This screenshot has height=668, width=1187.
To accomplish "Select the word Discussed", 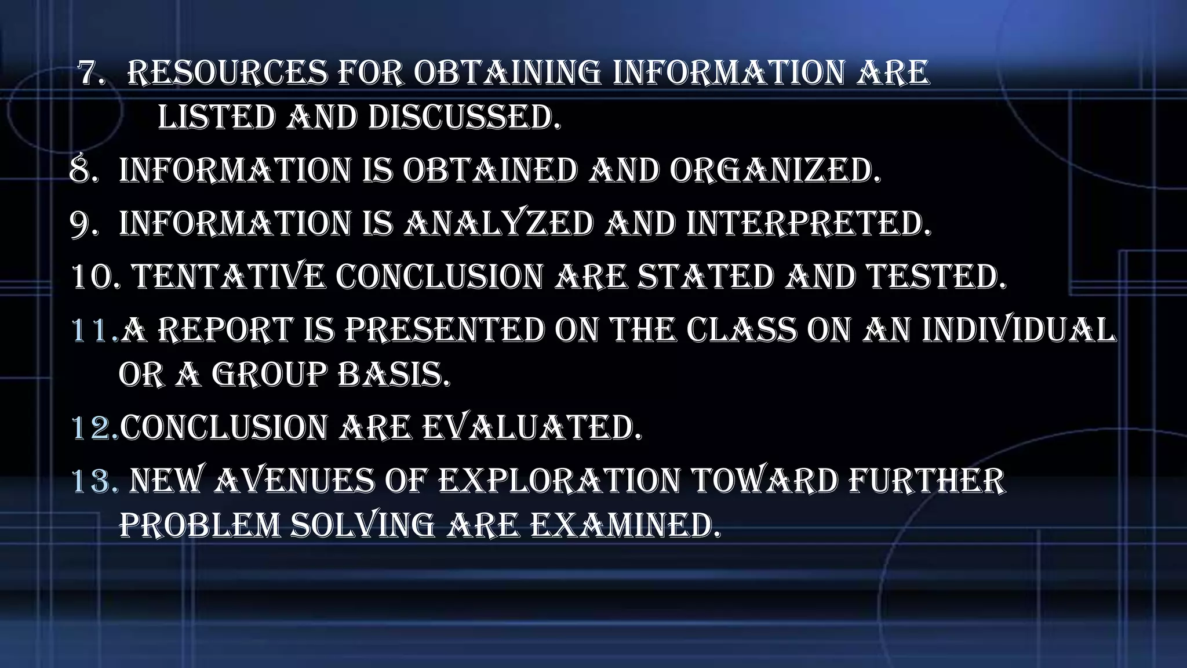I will point(464,118).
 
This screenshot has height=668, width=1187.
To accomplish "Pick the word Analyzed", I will point(498,224).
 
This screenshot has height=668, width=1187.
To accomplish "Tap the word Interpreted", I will point(809,224).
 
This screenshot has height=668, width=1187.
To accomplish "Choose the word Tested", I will point(937,277).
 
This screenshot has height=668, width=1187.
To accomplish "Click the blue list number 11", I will point(93,330).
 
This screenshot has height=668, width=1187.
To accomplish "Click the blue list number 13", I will point(94,481).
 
